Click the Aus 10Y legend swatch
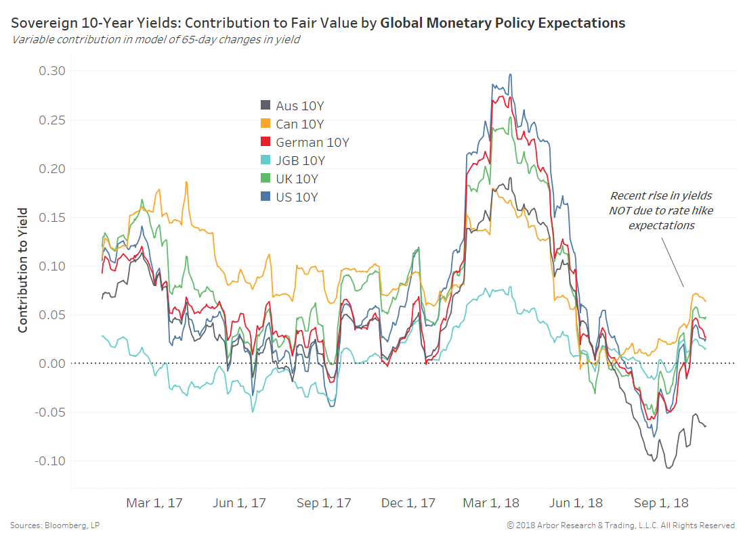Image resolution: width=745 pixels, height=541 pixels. coord(265,105)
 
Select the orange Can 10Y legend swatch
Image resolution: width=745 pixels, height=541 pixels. coord(265,124)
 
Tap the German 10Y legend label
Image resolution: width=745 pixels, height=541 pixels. coord(312,142)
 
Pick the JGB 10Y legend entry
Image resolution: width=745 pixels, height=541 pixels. coord(300,160)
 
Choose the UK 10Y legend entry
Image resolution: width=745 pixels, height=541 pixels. coord(297,179)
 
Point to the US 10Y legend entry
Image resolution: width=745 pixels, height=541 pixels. coord(297,197)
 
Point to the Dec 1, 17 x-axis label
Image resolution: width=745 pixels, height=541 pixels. coord(408,503)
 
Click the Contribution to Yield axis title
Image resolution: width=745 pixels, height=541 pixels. coord(23,270)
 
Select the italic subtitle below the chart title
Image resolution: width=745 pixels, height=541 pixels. coord(156,39)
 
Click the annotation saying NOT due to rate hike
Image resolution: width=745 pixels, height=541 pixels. coord(661,210)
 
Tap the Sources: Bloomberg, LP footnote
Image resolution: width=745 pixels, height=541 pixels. coord(56,525)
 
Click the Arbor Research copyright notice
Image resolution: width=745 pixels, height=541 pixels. coord(620,525)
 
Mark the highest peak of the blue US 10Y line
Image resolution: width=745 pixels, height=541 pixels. coord(510,74)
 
